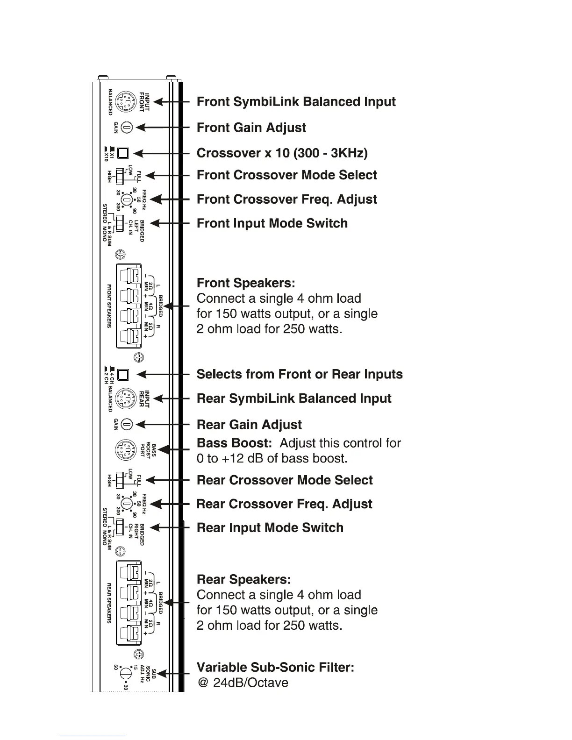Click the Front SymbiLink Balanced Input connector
click(x=125, y=101)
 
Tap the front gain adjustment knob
click(x=128, y=127)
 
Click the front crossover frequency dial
click(x=126, y=199)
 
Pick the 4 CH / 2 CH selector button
click(x=123, y=375)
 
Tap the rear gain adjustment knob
click(x=127, y=424)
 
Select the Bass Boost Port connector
click(x=125, y=450)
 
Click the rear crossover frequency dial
click(x=126, y=504)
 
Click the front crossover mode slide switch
click(x=120, y=176)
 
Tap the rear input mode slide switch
click(x=120, y=527)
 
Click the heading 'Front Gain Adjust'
click(x=251, y=128)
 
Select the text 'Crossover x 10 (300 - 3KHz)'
click(x=282, y=153)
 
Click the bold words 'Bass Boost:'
click(x=234, y=443)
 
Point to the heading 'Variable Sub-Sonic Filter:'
click(x=275, y=667)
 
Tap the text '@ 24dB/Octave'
click(x=243, y=683)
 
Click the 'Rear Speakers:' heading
click(x=243, y=579)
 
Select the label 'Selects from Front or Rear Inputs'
click(x=300, y=374)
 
